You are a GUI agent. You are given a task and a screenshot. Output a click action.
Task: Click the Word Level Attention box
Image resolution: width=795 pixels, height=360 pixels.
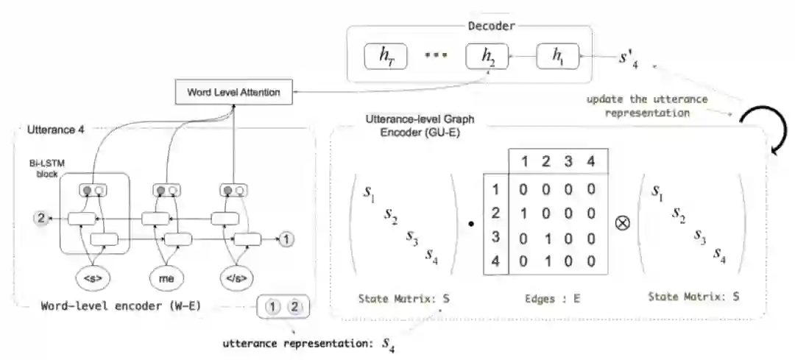click(x=234, y=92)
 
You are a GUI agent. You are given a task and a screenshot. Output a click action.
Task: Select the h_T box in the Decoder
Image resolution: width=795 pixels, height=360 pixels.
click(x=386, y=56)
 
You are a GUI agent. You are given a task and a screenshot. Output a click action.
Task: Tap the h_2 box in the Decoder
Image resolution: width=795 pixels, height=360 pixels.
click(x=487, y=56)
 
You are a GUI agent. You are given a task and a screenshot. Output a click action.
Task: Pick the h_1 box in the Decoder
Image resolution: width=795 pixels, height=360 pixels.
click(x=557, y=56)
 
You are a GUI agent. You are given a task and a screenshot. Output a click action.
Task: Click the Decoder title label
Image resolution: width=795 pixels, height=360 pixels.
click(x=491, y=26)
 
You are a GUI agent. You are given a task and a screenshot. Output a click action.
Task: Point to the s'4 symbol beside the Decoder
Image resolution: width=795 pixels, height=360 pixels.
click(x=628, y=57)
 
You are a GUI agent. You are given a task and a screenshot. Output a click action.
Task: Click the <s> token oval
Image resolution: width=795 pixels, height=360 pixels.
click(x=93, y=278)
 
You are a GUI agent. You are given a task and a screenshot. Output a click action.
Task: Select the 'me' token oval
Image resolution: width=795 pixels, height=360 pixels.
click(x=166, y=278)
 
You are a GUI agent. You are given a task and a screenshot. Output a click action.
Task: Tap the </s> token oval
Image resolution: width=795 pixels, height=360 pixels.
click(x=237, y=278)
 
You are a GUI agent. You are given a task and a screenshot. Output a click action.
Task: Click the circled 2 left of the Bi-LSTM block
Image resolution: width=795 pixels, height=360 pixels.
click(x=41, y=219)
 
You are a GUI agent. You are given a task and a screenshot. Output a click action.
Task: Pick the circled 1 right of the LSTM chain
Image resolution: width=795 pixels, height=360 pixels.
click(x=286, y=239)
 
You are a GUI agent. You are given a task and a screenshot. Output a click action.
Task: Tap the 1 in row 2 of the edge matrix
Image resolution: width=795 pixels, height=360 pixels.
click(x=523, y=213)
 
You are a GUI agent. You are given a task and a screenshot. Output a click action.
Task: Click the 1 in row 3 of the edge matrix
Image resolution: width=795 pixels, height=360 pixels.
click(x=546, y=238)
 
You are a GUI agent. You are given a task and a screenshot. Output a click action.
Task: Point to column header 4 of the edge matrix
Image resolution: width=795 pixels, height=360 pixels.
click(x=590, y=162)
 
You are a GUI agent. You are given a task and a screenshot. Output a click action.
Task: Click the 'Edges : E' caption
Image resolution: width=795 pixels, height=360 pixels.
click(x=552, y=299)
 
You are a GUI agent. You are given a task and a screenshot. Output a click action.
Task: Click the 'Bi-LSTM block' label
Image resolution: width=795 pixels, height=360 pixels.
click(x=46, y=168)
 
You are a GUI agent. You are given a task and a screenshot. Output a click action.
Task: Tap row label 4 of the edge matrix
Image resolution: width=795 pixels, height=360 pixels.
click(x=495, y=262)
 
